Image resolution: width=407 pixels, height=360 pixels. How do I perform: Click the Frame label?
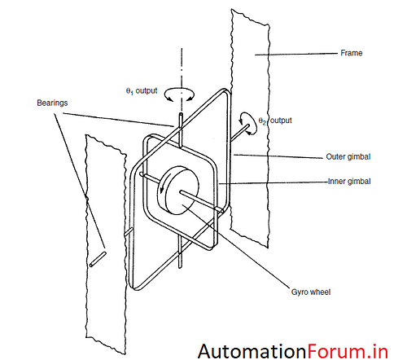pos(352,53)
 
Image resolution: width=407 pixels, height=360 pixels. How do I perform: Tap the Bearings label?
pos(52,103)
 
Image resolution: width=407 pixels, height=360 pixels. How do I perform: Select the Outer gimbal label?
pos(348,156)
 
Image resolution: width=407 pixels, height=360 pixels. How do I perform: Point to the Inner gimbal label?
pos(349,181)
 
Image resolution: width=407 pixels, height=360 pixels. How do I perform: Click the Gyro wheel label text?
pos(311,292)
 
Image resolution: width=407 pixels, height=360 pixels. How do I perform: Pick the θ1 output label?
pos(142,91)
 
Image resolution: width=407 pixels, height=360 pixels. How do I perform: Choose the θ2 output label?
pos(275,121)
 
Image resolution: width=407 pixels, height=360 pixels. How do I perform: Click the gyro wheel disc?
pos(178,191)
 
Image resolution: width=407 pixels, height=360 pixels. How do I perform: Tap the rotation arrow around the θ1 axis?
pos(179,94)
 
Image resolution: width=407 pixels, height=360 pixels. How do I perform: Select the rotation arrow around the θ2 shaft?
pos(248,124)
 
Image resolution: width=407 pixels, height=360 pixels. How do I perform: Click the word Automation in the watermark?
pos(252,352)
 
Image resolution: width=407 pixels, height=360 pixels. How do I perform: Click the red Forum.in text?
pos(348,352)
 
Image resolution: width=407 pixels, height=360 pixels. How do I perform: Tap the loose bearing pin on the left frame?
pos(98,259)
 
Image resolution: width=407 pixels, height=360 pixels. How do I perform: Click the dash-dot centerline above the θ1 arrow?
pos(182,68)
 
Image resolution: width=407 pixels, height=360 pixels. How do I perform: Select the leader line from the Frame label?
pos(296,54)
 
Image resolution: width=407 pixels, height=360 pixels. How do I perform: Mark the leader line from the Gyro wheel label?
pos(236,246)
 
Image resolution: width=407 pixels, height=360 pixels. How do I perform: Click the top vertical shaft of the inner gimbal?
pos(181,130)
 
